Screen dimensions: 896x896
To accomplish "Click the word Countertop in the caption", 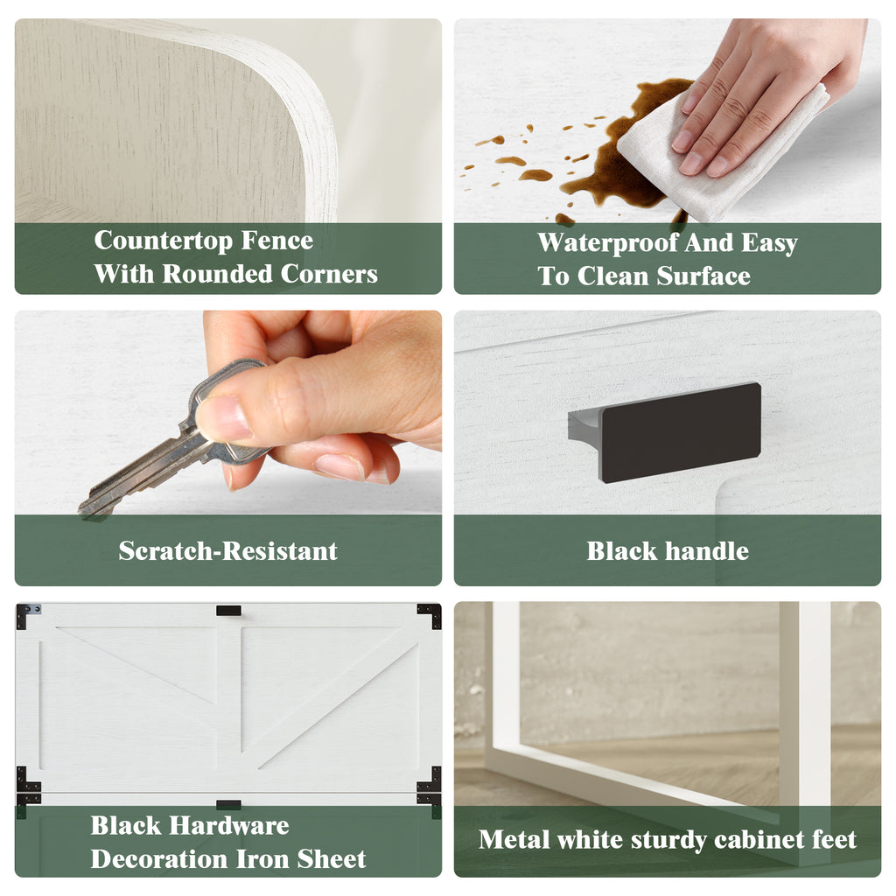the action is pos(163,241).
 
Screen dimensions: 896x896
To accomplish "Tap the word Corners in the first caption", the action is pos(329,274).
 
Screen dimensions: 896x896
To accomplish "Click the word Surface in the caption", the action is pos(703,276).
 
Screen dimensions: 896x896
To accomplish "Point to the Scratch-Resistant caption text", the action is pos(228,551).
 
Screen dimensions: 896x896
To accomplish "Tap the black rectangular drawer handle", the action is pos(680,432).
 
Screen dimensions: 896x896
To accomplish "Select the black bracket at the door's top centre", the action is pos(228,611).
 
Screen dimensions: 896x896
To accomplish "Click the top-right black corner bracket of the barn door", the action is pos(430,614).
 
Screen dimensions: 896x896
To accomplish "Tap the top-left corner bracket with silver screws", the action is pos(27,615).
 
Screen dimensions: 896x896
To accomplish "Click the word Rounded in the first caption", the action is pos(217,274).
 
